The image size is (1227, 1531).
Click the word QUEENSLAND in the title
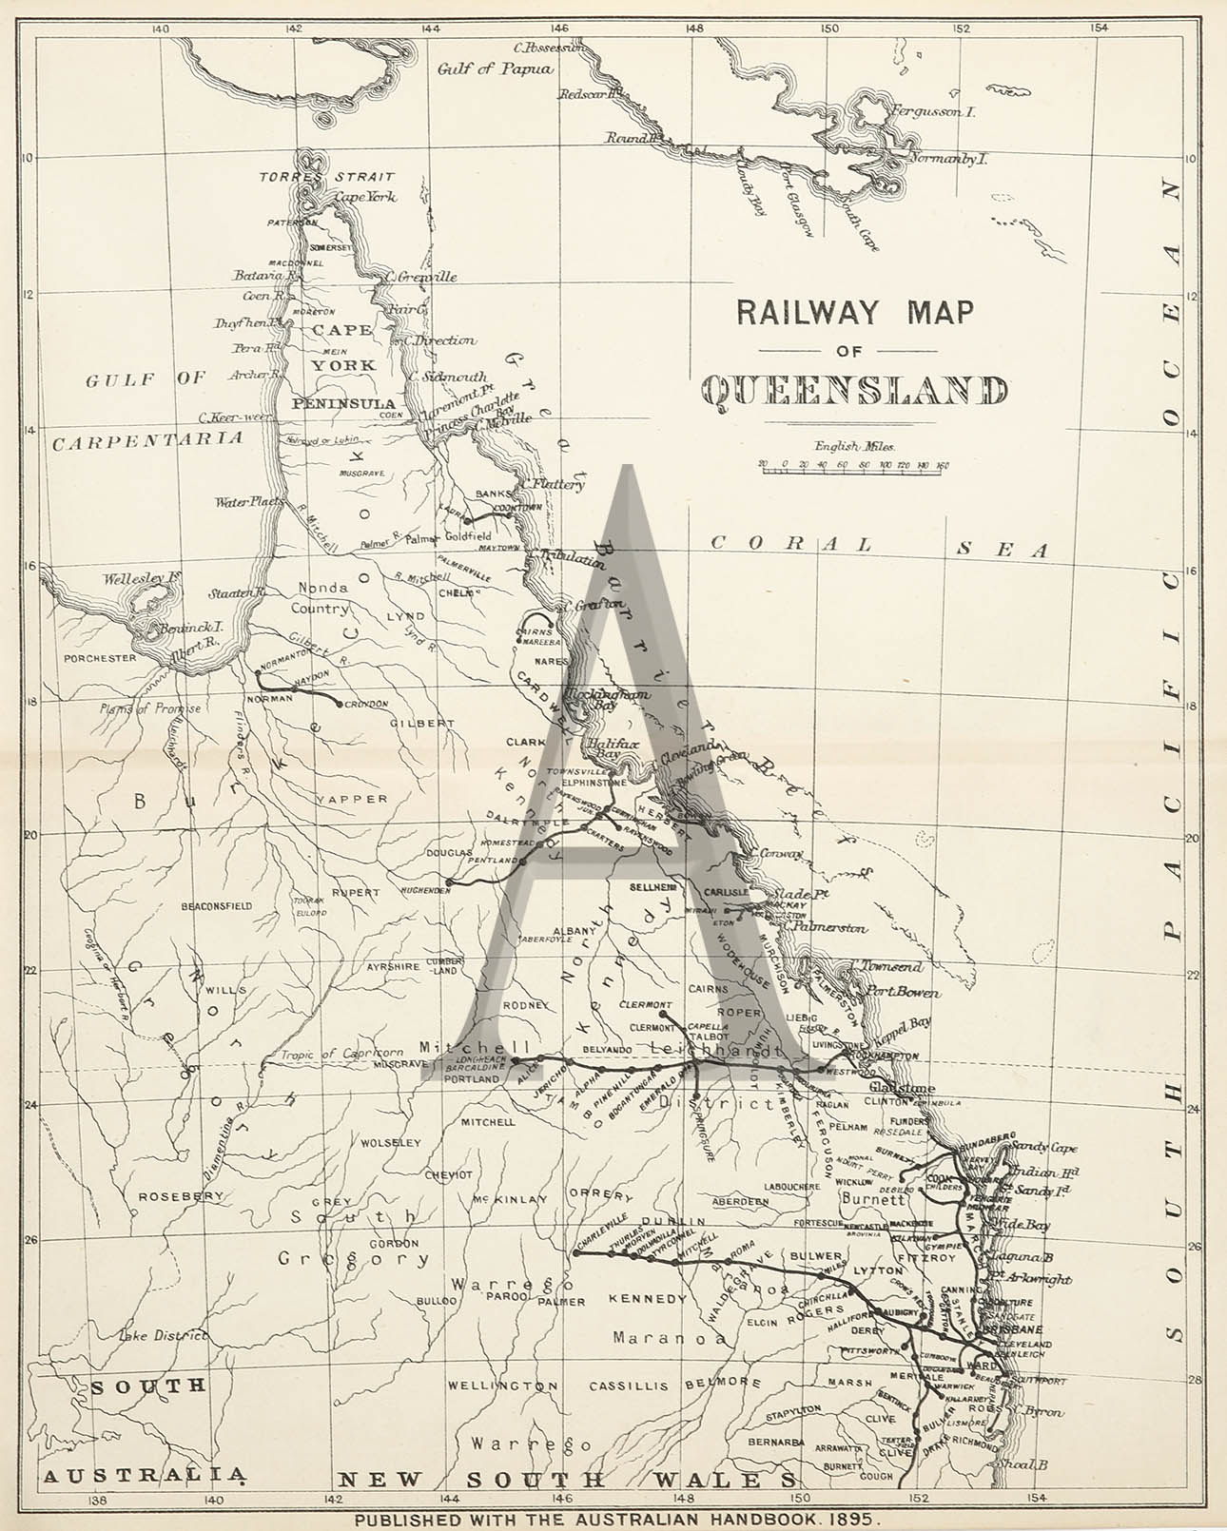[x=854, y=392]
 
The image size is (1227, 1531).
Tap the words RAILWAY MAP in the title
[x=854, y=313]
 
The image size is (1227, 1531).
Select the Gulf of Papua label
[x=495, y=68]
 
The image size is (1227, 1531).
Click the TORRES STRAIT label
[x=326, y=177]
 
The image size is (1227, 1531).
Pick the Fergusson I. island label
[x=932, y=112]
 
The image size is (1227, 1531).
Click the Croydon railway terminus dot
[x=340, y=705]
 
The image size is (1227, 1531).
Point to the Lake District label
[x=162, y=1335]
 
